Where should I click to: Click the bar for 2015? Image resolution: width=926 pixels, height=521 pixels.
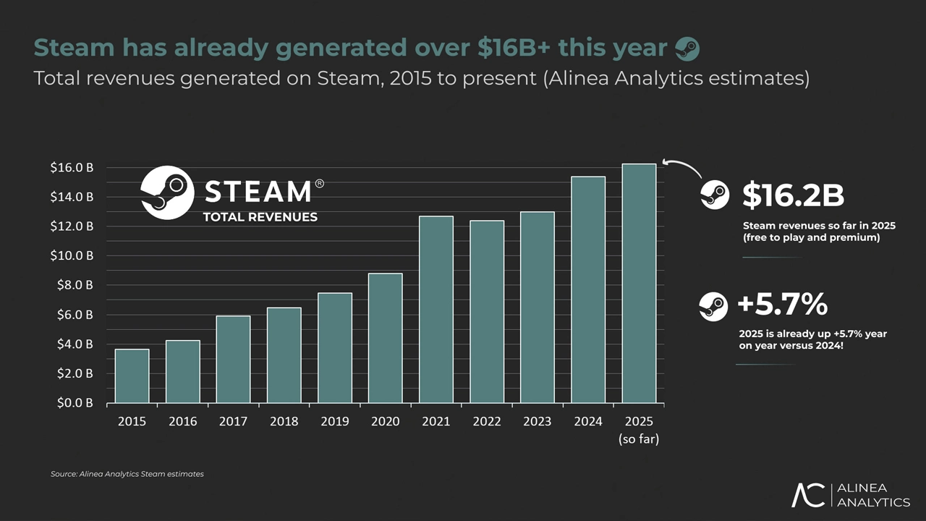pos(132,376)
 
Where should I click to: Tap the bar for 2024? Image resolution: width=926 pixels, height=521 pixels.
pos(588,289)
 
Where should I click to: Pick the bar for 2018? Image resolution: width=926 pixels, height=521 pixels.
pos(284,355)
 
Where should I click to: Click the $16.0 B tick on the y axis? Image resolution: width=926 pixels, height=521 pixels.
pos(72,167)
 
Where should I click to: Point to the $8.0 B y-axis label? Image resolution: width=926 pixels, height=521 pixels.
pos(72,285)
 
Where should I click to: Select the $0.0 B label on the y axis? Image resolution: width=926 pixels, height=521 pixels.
pos(72,403)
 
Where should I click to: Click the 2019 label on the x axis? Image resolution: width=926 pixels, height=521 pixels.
pos(335,422)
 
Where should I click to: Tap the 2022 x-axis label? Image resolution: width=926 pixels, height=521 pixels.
pos(487,422)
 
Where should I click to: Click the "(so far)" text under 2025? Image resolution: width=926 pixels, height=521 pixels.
pos(639,439)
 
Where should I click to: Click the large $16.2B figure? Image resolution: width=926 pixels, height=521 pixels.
pos(793,195)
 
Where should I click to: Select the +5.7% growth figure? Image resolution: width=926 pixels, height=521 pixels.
pos(782,305)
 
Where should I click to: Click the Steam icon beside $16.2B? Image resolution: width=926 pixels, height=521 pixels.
pos(715,195)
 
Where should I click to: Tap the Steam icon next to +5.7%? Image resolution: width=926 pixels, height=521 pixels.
pos(713,306)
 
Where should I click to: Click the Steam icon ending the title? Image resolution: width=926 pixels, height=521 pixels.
pos(687,48)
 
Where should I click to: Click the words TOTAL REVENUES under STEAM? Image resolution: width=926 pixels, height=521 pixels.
pos(260,217)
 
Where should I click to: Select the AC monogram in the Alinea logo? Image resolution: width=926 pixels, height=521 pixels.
pos(808,495)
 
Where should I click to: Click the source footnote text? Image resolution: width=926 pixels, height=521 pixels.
pos(127,474)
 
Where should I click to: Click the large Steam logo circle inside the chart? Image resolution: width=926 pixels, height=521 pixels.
pos(167,192)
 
